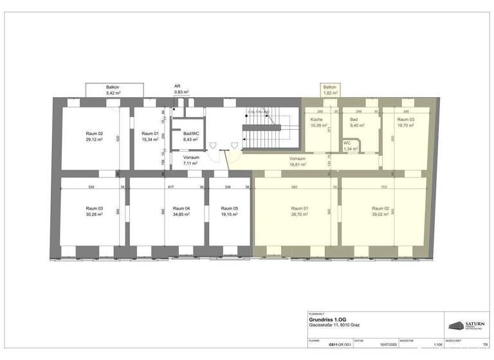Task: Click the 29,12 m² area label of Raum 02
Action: click(95, 139)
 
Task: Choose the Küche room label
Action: click(316, 120)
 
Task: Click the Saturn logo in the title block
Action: click(466, 325)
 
